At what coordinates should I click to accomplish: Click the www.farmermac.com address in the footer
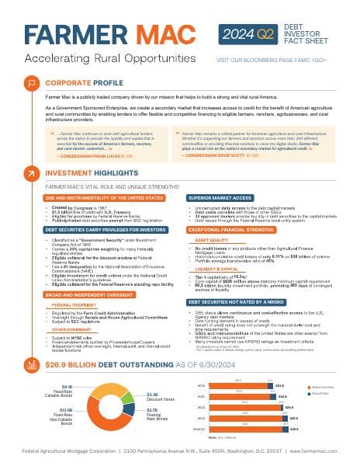tap(310, 449)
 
